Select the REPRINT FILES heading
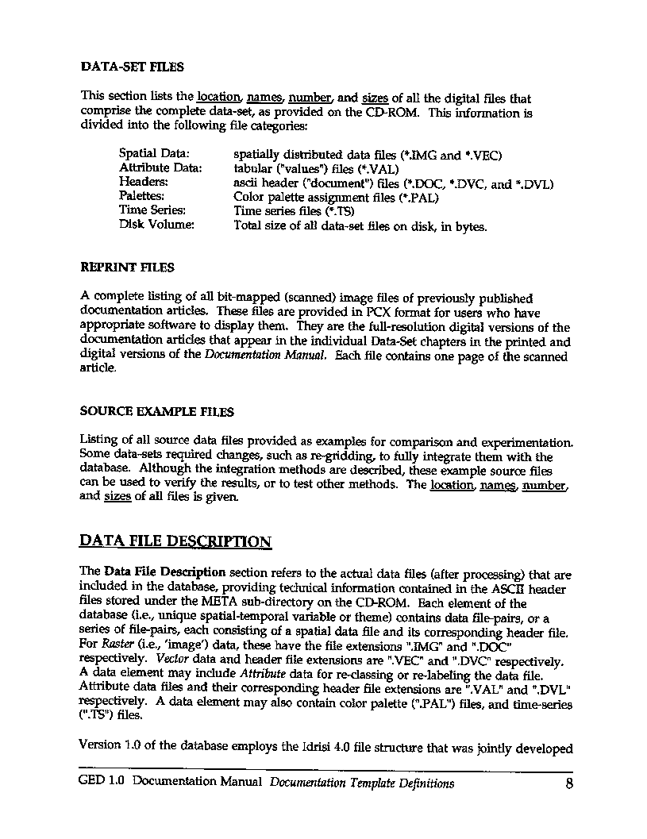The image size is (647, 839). [x=127, y=267]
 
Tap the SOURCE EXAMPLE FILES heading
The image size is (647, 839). [x=156, y=411]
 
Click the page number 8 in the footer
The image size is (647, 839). [x=568, y=784]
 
